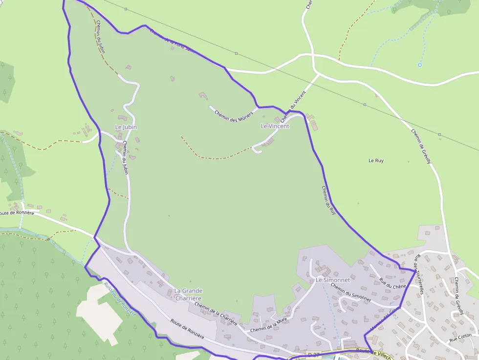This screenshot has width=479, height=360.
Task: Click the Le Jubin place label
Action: [126, 127]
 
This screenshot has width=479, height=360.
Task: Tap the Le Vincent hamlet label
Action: [275, 126]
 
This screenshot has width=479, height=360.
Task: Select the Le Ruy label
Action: [376, 160]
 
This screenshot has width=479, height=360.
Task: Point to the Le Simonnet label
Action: [332, 280]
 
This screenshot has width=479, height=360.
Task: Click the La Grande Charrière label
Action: [188, 295]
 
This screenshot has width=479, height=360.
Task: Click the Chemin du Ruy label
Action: [329, 200]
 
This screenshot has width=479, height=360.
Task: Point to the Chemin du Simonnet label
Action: [350, 291]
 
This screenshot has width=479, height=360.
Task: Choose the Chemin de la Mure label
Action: [268, 326]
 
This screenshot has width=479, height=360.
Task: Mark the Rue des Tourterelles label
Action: [418, 276]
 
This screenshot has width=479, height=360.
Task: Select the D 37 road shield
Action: [313, 353]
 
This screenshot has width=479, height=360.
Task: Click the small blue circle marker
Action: [419, 64]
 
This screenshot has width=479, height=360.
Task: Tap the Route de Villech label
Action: [374, 353]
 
